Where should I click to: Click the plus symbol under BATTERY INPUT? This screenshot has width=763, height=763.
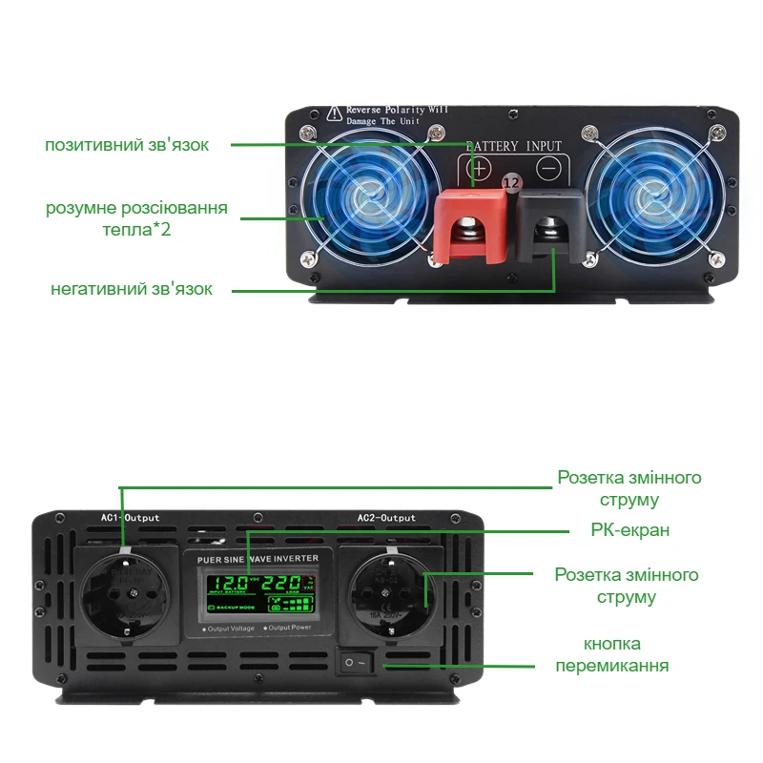(x=480, y=169)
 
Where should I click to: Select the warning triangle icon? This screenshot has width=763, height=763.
(x=334, y=113)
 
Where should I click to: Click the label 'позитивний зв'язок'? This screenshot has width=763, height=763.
(x=127, y=145)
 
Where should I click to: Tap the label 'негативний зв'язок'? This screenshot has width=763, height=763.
(x=132, y=288)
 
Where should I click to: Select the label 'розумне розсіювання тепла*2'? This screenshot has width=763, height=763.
(x=137, y=218)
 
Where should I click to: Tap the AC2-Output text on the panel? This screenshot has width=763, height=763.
(x=386, y=518)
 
